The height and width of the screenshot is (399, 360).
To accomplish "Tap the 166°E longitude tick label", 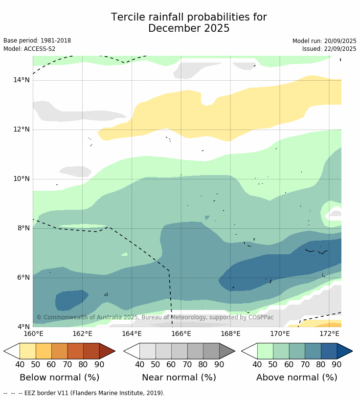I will tap(181, 334).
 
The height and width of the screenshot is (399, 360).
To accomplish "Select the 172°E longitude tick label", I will tap(329, 334).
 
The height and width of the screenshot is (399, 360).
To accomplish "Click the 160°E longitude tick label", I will tap(33, 334).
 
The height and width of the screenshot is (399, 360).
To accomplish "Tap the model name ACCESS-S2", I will tap(39, 49).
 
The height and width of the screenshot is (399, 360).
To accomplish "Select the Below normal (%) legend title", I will tap(59, 377).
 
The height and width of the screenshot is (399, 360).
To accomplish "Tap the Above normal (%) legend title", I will tap(296, 377).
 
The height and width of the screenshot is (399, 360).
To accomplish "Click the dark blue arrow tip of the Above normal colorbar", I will tap(345, 351).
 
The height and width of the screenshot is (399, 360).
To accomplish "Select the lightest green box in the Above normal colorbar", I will tap(265, 351).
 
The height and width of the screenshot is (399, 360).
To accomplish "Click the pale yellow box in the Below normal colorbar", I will tap(27, 351).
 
